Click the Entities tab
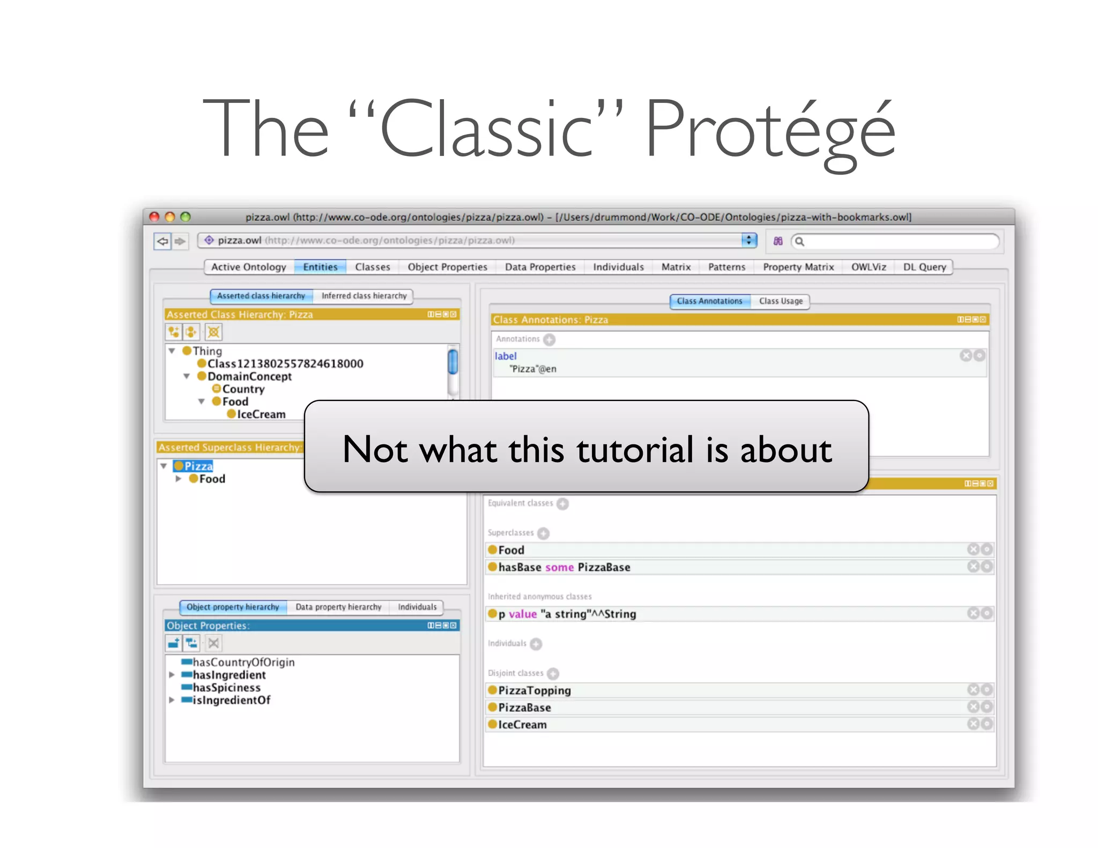pos(320,267)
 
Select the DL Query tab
pos(924,267)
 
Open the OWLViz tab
pos(869,267)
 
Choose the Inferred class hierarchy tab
pos(364,296)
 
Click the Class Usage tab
pos(781,301)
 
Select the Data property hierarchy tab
pos(338,607)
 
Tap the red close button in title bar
pos(154,217)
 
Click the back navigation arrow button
pos(162,241)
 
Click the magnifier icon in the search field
pos(799,241)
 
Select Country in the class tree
pos(243,389)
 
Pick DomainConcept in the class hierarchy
pos(249,376)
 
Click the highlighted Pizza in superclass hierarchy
pos(198,466)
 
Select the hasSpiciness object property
pos(226,688)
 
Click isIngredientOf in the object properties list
pos(231,700)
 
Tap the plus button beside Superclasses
pos(544,533)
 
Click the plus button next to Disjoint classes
pos(553,674)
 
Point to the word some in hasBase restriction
pos(559,567)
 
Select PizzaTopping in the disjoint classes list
pos(534,690)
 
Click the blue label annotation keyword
pos(505,356)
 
